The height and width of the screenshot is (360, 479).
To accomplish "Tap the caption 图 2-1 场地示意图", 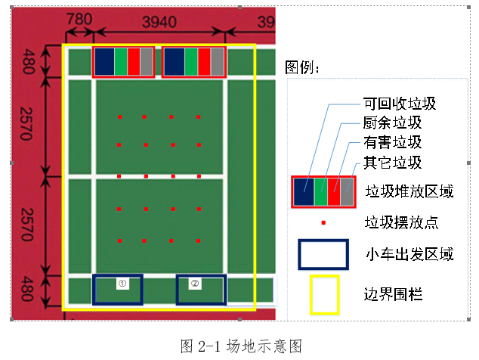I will (x=242, y=346).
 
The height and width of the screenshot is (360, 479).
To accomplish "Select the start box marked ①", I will (x=118, y=289).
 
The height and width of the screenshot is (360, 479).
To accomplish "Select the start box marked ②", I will (x=201, y=289).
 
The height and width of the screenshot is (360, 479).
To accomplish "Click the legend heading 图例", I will (x=302, y=68).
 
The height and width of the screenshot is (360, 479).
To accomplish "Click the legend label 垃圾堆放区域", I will (x=409, y=191).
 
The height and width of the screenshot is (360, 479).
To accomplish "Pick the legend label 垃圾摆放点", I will (x=401, y=222).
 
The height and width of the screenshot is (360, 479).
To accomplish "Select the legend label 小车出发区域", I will (x=409, y=254).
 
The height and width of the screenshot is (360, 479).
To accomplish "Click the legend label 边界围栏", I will (x=394, y=293).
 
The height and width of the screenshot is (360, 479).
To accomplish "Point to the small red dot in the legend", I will (x=323, y=223).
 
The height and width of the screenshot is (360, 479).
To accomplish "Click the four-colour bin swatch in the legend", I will (x=323, y=191).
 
